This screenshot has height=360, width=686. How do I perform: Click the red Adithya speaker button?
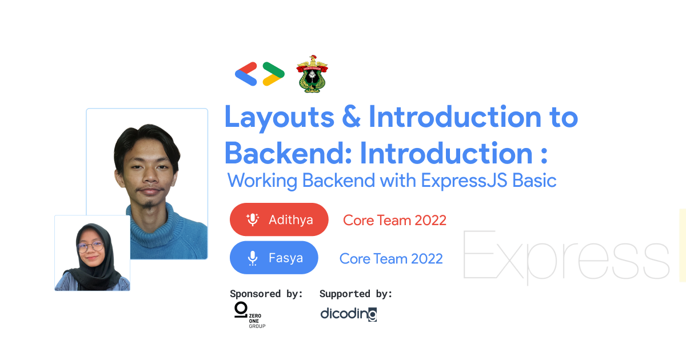[279, 219]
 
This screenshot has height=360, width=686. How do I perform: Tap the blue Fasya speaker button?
[273, 258]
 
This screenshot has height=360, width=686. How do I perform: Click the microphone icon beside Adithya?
[252, 219]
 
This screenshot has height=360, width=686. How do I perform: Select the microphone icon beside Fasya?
[252, 258]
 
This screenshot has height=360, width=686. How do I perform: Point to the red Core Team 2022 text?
[394, 220]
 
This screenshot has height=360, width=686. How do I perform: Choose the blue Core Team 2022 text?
[391, 259]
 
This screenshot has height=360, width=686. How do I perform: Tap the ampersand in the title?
[351, 118]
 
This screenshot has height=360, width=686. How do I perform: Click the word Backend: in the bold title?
[287, 153]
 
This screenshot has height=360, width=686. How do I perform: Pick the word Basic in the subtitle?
[535, 181]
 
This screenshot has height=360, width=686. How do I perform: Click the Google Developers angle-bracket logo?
[260, 74]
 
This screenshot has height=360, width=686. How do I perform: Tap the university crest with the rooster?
[312, 74]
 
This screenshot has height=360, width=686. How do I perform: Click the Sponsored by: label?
[266, 294]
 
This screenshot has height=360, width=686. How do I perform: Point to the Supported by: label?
[356, 294]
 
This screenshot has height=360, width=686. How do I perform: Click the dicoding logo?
[348, 314]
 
